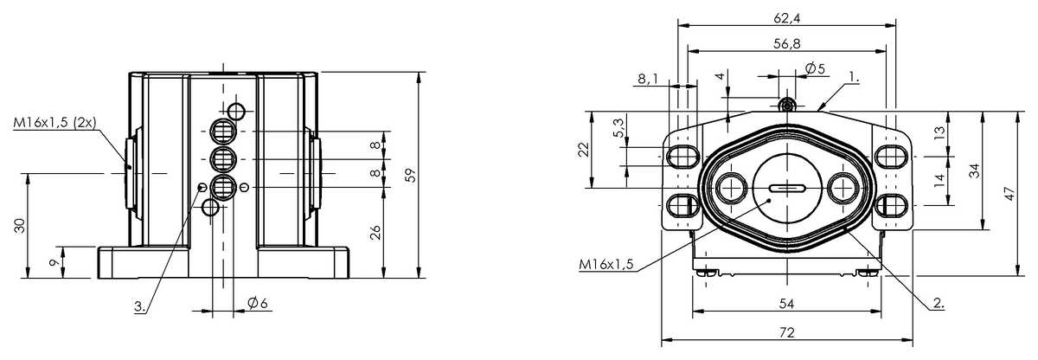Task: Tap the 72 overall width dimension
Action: (786, 331)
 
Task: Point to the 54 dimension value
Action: (786, 304)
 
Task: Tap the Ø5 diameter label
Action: (814, 68)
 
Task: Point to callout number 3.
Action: (139, 306)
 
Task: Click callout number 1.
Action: (853, 76)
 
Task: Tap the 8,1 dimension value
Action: (648, 79)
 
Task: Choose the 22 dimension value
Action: (582, 150)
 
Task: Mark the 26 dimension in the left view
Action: (375, 232)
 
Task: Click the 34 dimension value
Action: (975, 170)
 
